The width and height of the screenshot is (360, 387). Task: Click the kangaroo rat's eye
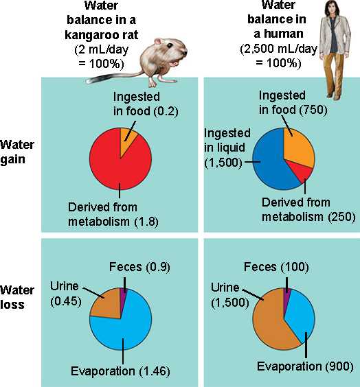coord(170,46)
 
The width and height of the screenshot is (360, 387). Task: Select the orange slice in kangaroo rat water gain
coord(128,141)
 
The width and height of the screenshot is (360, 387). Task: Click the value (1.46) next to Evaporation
coord(154,371)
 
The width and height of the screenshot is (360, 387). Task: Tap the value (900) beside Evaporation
coord(339,367)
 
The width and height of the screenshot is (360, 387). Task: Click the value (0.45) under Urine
coord(66,301)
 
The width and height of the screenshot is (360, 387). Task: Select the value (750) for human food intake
coord(313,110)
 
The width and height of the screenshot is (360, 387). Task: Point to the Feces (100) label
coord(276,267)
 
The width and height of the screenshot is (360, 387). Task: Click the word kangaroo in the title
coord(88,35)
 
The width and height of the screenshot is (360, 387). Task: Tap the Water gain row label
coord(16,152)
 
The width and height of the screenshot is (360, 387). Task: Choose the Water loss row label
coord(16,297)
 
